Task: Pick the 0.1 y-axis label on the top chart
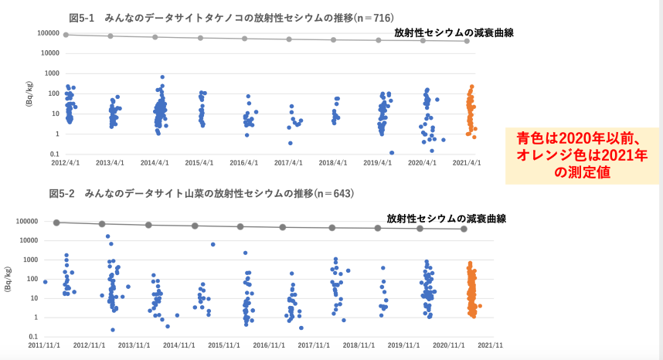54,155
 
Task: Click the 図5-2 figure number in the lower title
63,192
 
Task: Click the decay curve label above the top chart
454,33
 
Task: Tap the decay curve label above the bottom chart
446,219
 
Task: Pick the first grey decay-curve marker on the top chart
66,35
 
